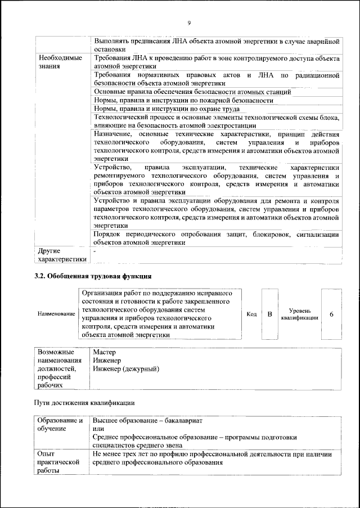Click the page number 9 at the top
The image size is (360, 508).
coord(189,23)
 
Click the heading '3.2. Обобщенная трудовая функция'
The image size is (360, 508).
coord(93,276)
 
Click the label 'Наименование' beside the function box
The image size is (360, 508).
coord(56,314)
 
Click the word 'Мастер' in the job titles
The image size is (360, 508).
coord(103,352)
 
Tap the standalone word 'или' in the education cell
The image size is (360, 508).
coord(97,429)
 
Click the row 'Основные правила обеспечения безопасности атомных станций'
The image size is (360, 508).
coord(192,91)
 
